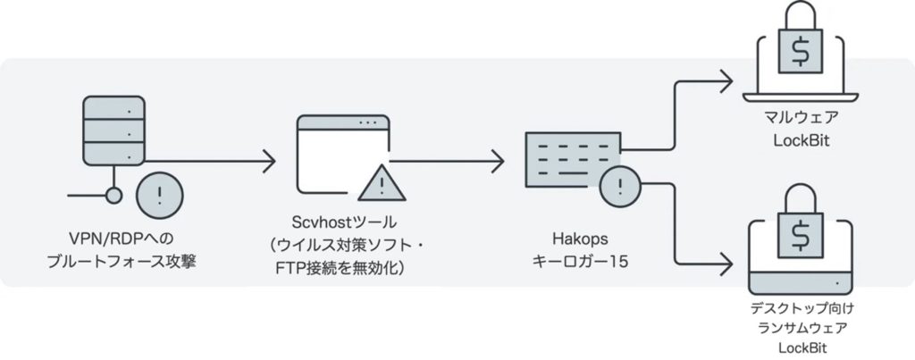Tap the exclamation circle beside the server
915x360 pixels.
161,195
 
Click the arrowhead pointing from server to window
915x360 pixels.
269,163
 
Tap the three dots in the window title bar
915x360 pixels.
366,121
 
